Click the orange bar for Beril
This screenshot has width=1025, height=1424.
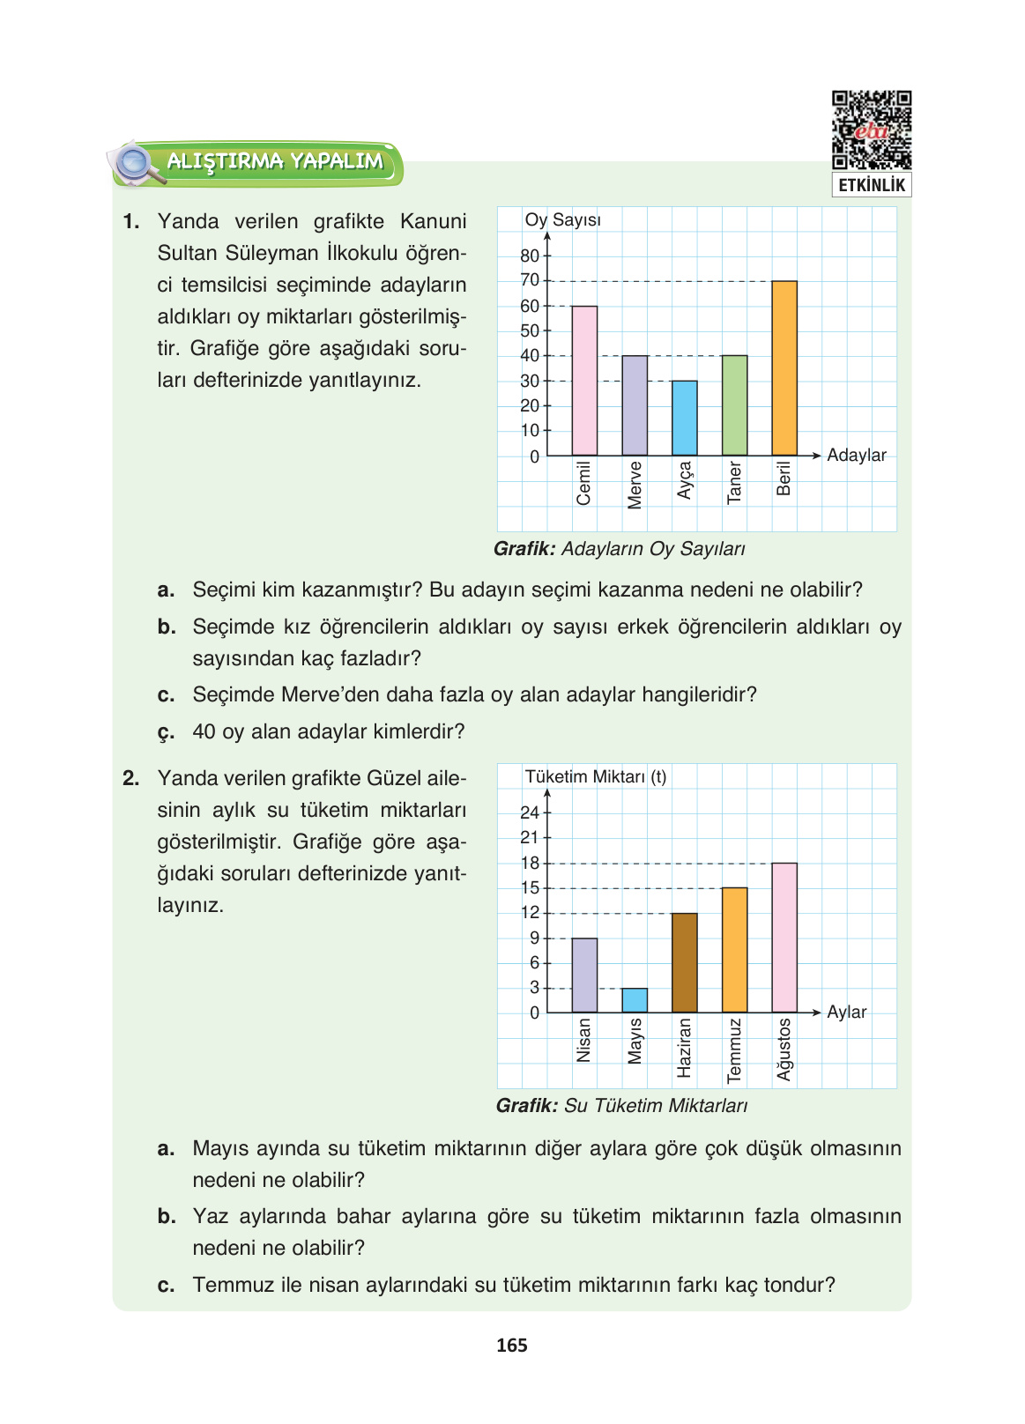784,368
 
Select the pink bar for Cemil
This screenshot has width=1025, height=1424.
584,381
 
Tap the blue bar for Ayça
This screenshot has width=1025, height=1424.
684,418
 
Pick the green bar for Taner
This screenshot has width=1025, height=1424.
734,405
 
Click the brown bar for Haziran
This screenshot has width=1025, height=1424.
684,962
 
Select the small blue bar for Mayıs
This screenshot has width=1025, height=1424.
634,1000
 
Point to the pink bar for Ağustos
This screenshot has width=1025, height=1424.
784,938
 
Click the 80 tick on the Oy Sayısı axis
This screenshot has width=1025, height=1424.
530,256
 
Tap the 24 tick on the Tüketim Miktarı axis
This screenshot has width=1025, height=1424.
530,812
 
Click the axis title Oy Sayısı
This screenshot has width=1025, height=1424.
562,219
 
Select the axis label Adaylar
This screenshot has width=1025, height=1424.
856,455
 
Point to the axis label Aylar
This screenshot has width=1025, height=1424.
846,1012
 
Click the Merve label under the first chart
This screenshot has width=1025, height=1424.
635,484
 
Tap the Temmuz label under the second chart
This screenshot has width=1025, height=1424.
734,1049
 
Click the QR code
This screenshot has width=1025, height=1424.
871,130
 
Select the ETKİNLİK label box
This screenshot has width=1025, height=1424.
871,185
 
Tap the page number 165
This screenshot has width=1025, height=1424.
511,1345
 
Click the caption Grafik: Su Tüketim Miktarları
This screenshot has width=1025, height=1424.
621,1105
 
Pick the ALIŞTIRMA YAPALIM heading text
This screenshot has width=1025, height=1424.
275,161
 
